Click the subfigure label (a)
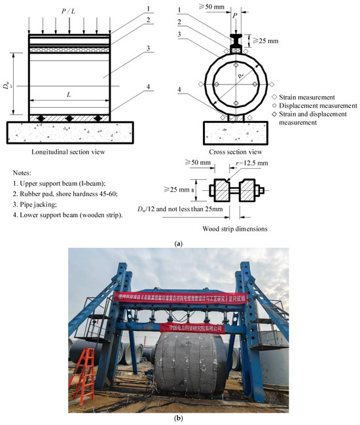[179, 243]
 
